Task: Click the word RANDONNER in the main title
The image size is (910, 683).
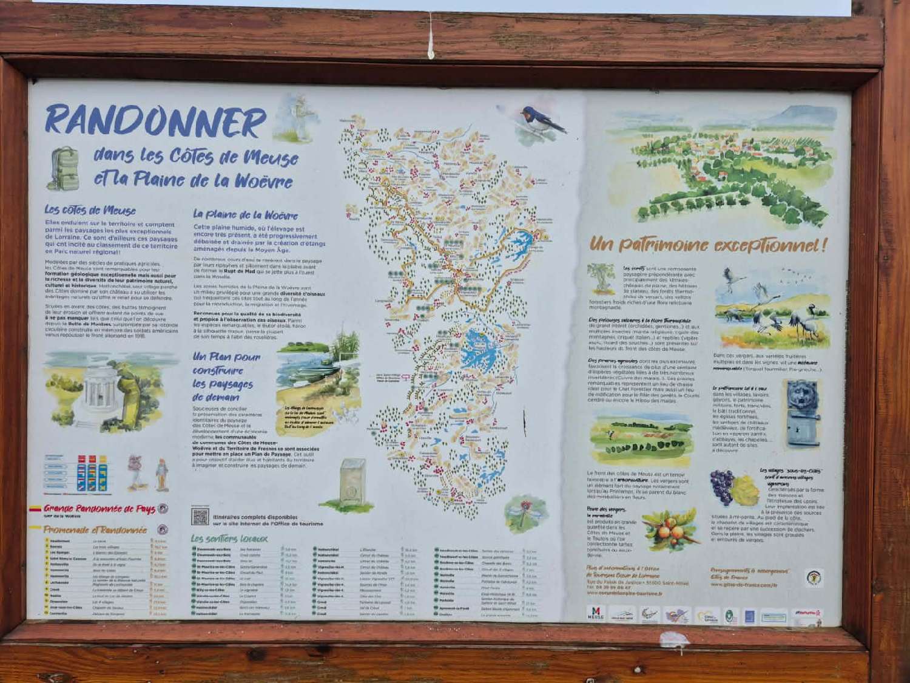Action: point(155,121)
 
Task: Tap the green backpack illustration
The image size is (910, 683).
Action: point(64,168)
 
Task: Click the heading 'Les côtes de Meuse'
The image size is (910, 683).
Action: point(90,210)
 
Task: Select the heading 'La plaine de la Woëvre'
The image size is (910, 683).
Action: point(245,215)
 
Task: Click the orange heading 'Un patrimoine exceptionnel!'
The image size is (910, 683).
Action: point(707,245)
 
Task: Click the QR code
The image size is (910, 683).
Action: point(200,517)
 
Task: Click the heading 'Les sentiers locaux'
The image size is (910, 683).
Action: point(229,539)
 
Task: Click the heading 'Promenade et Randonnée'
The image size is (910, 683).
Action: point(95,529)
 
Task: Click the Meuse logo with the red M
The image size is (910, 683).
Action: point(596,613)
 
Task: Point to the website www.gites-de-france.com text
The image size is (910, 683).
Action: point(743,585)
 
